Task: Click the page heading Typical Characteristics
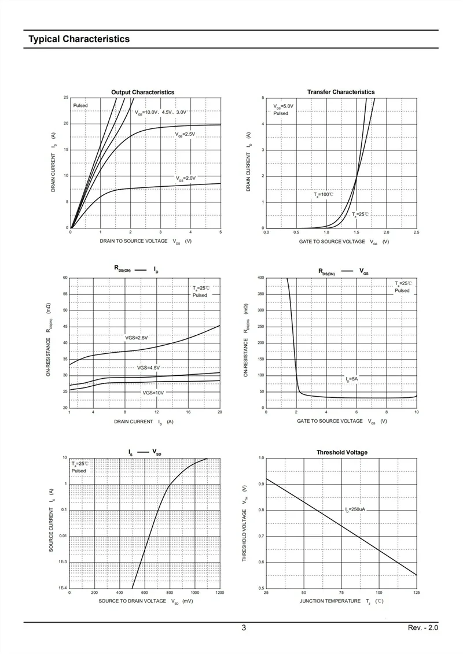[x=79, y=39]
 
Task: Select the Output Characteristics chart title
[x=142, y=93]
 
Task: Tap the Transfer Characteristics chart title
[x=341, y=92]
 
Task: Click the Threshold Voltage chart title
[x=342, y=452]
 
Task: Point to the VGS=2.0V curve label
[x=186, y=178]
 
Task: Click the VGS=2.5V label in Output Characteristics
[x=186, y=134]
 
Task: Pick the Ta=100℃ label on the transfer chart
[x=324, y=195]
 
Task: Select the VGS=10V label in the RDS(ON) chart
[x=153, y=393]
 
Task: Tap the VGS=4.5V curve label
[x=148, y=368]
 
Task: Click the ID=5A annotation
[x=352, y=379]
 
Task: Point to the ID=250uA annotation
[x=355, y=509]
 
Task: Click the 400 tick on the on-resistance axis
[x=260, y=278]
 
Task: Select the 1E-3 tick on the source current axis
[x=63, y=562]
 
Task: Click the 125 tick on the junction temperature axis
[x=416, y=593]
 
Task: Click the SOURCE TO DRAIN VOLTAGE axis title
[x=133, y=601]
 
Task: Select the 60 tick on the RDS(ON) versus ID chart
[x=65, y=278]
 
